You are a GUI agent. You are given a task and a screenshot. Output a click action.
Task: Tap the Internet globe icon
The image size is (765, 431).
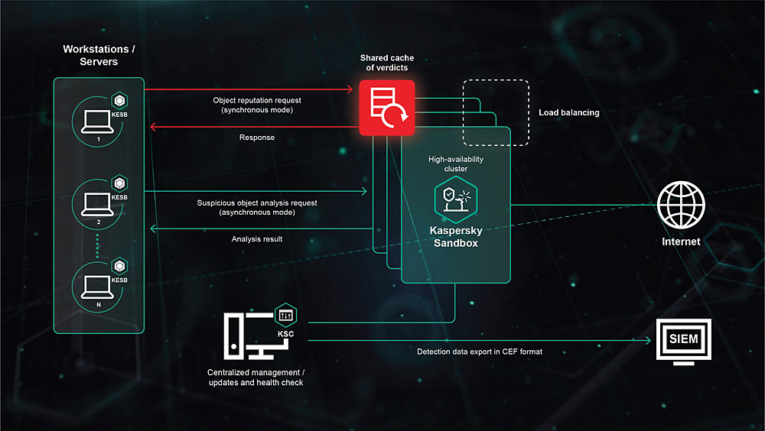point(681,204)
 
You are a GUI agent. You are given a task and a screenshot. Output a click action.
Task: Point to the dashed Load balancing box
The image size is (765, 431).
point(496,112)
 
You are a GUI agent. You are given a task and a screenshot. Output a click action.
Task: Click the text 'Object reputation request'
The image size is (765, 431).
point(256,100)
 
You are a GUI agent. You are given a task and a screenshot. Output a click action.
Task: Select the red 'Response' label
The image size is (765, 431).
point(257,138)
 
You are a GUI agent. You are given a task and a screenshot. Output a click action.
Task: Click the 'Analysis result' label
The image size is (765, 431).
point(257,239)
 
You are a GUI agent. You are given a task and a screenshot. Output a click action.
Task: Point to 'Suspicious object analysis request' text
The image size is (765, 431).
point(257,203)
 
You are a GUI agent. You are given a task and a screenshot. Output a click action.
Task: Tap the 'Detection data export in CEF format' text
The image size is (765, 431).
point(480,352)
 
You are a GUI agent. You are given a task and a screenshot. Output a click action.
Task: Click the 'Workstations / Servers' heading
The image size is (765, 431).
point(99,55)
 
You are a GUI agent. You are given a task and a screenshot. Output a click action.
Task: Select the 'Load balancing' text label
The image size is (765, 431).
point(568,112)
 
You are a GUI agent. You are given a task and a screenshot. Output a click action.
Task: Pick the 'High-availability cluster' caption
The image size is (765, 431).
point(455,164)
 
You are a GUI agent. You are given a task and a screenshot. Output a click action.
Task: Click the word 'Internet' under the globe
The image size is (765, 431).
point(681,241)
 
